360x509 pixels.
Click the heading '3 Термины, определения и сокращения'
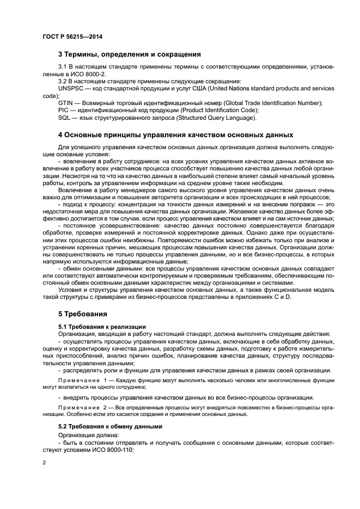click(130, 54)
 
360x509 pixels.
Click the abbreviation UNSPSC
click(72, 89)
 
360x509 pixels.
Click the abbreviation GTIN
click(65, 103)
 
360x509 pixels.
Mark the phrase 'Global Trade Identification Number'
click(272, 103)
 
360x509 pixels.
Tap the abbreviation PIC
click(63, 110)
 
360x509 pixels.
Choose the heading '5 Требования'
click(84, 314)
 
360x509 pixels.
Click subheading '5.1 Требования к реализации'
click(102, 326)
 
